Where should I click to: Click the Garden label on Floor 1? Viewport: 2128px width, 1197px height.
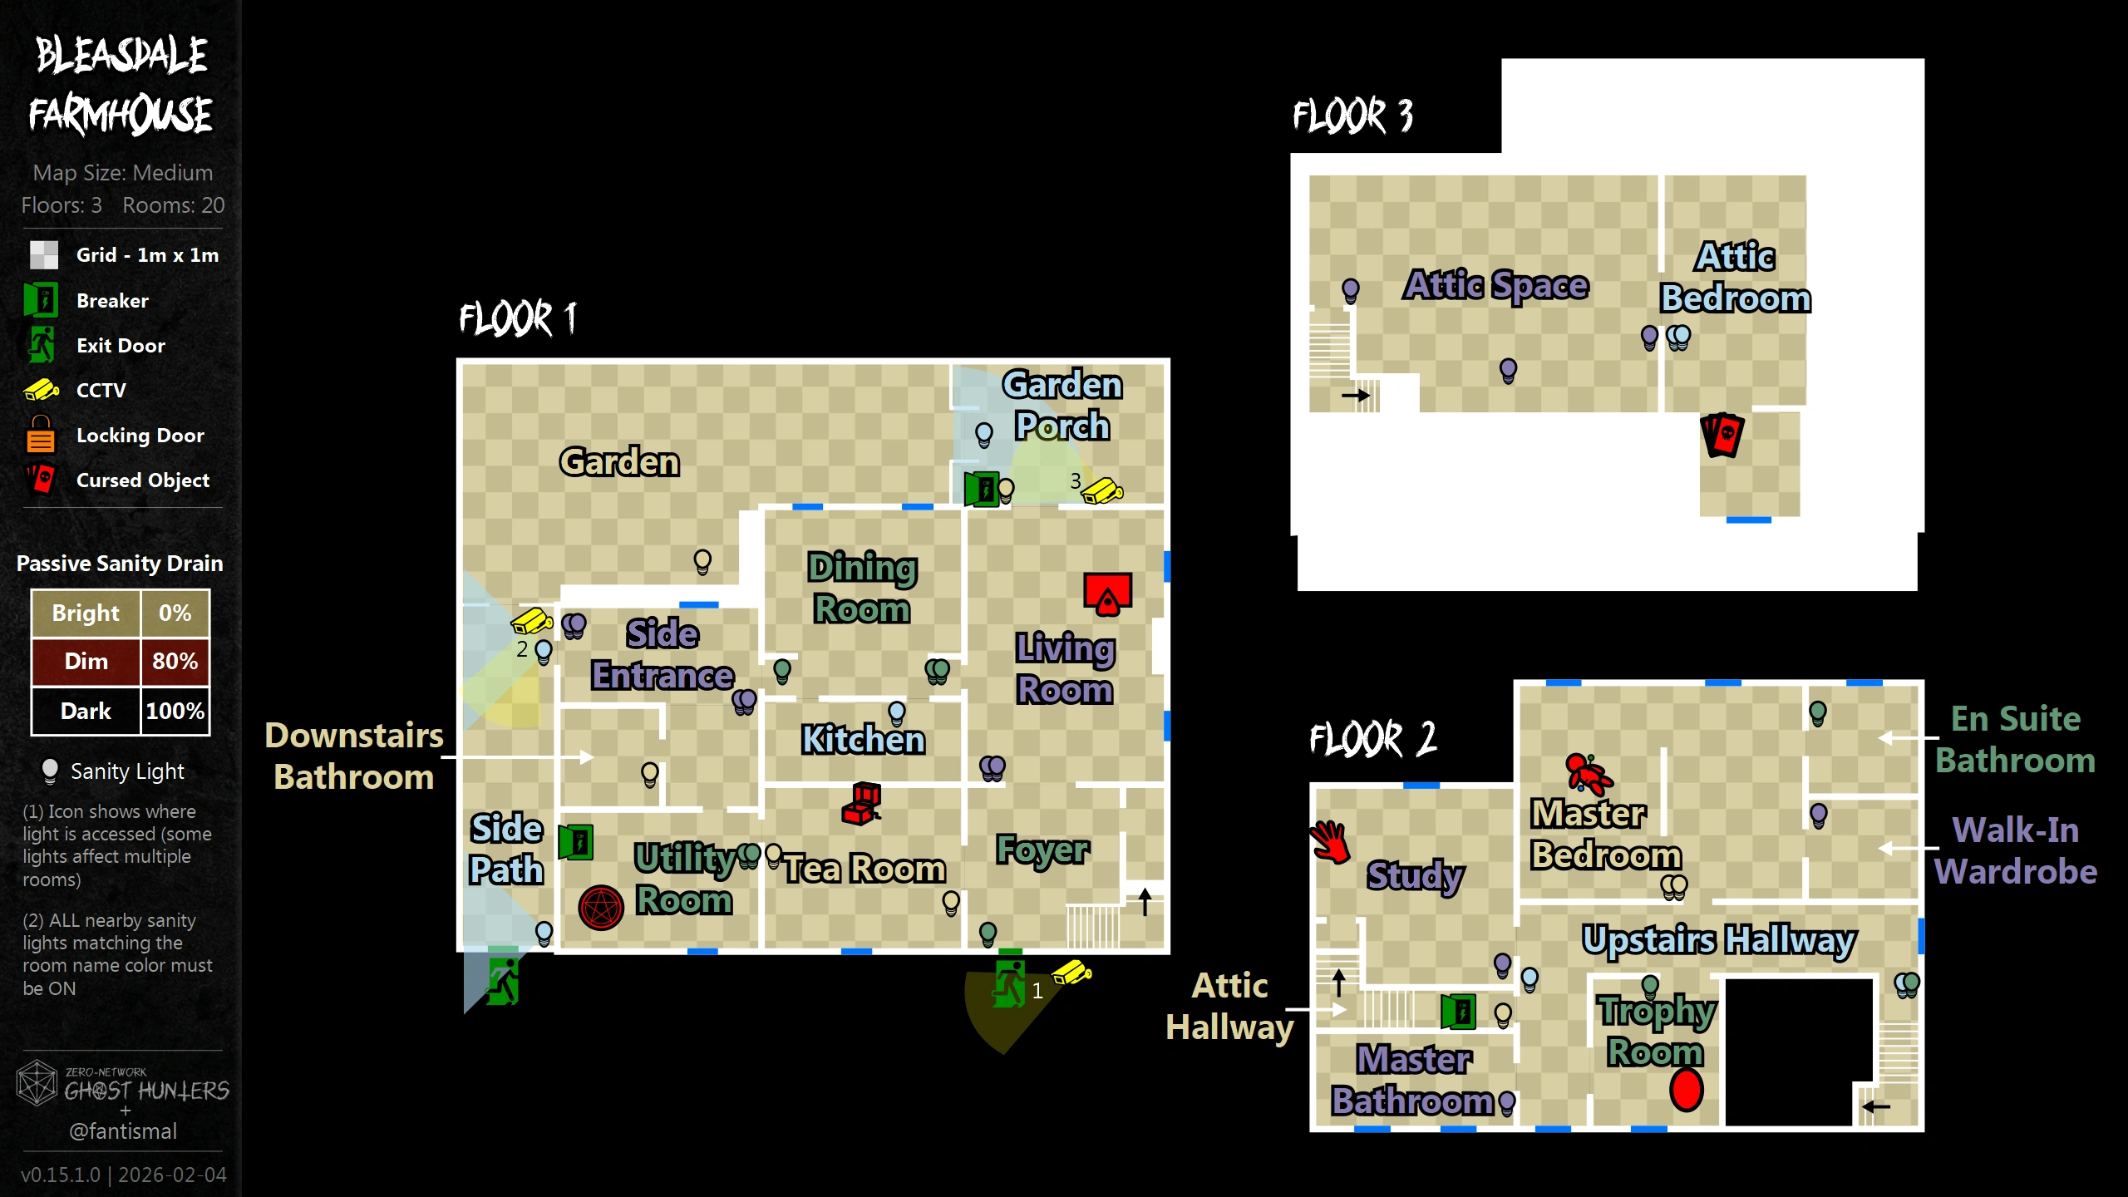click(x=619, y=462)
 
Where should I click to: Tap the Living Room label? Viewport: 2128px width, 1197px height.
click(x=1065, y=668)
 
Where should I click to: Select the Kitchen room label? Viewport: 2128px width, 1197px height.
click(x=863, y=739)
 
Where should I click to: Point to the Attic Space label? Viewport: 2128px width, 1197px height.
click(x=1496, y=285)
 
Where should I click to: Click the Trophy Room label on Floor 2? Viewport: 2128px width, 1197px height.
click(x=1656, y=1031)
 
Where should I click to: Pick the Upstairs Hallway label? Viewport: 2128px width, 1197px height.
click(x=1718, y=940)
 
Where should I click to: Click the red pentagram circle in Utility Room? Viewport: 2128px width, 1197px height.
click(x=601, y=907)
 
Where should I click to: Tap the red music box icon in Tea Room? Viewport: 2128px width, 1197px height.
click(x=862, y=803)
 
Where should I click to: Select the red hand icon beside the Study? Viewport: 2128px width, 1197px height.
click(x=1330, y=841)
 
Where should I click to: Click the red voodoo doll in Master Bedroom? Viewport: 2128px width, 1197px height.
click(x=1588, y=772)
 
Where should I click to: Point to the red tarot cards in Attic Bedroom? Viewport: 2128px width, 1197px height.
click(x=1722, y=434)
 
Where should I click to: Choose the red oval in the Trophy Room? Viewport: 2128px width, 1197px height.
click(x=1686, y=1089)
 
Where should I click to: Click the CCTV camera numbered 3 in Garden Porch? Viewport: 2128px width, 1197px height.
click(x=1102, y=490)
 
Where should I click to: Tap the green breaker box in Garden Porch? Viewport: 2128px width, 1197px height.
click(x=981, y=489)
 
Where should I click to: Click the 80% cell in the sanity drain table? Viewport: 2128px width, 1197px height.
click(x=175, y=662)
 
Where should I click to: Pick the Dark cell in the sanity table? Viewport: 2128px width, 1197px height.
click(x=86, y=712)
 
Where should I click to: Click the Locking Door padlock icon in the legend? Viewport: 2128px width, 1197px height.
click(x=40, y=435)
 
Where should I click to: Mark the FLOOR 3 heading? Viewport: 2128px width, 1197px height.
click(x=1352, y=116)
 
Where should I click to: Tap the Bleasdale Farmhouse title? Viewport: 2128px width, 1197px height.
click(x=121, y=85)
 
